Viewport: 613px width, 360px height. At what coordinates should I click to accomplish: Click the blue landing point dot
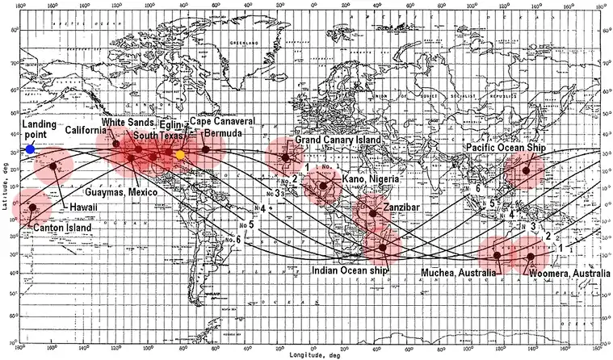pyautogui.click(x=30, y=149)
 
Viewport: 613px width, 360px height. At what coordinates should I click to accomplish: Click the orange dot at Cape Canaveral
pyautogui.click(x=181, y=154)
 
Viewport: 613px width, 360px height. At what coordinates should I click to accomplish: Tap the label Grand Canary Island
pyautogui.click(x=334, y=140)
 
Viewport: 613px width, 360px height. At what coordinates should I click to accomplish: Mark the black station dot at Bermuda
pyautogui.click(x=206, y=149)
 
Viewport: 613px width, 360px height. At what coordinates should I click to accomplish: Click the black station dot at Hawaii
pyautogui.click(x=53, y=167)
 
